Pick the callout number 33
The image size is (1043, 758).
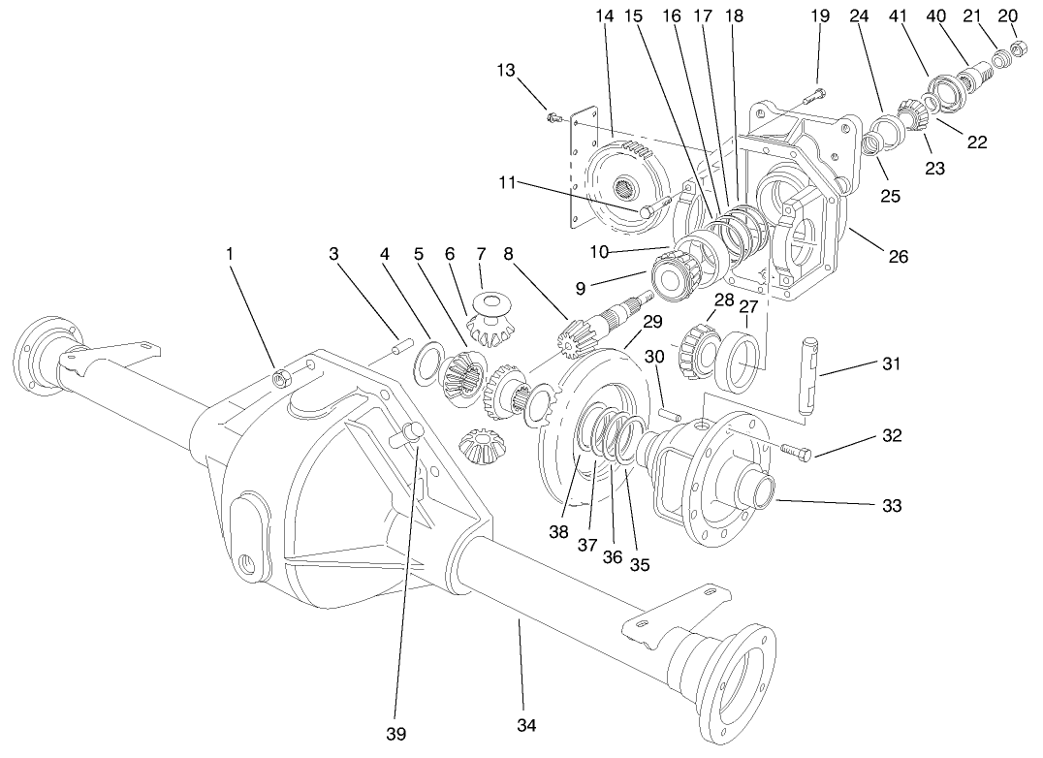point(891,505)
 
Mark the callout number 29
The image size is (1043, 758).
point(651,321)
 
